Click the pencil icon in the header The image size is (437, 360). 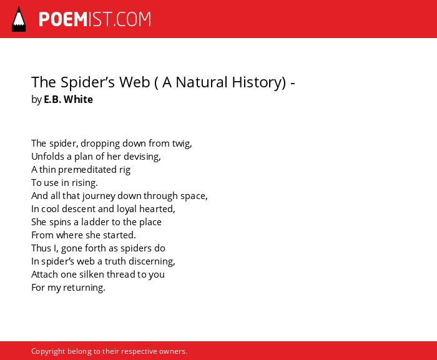pos(19,19)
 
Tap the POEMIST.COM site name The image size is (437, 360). pos(95,19)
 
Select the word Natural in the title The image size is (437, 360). pos(202,82)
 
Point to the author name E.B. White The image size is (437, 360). pos(68,99)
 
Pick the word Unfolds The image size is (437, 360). pos(47,157)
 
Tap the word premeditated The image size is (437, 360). pos(87,170)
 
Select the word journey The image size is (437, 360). pos(99,196)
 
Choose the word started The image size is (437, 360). pos(119,235)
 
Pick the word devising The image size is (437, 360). pos(142,157)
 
